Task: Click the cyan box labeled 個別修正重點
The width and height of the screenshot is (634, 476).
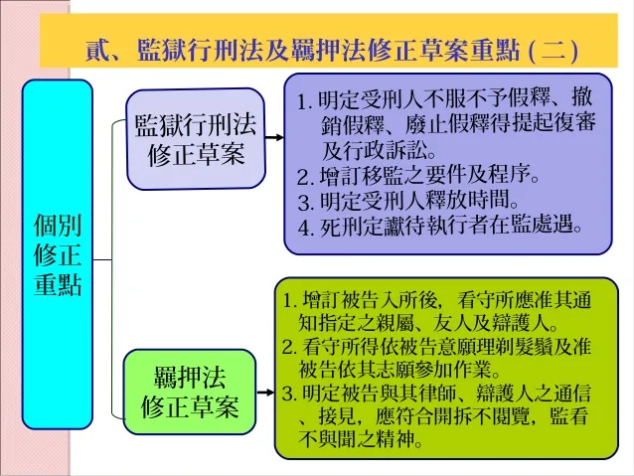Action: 58,254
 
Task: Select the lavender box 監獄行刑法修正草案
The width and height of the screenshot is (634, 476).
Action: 196,139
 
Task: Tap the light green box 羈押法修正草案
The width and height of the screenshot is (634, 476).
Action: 190,392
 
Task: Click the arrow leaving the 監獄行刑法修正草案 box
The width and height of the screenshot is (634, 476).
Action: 274,138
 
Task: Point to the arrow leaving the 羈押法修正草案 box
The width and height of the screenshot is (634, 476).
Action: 265,393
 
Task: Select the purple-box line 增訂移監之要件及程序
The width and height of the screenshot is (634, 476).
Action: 418,175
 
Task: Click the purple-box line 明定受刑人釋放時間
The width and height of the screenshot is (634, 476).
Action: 408,201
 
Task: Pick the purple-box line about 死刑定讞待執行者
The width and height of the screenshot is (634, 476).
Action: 440,226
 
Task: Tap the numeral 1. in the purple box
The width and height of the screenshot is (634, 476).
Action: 305,101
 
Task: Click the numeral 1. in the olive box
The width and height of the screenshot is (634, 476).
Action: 290,301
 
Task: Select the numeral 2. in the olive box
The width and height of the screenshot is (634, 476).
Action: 290,348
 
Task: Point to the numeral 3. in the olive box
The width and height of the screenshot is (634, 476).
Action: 290,394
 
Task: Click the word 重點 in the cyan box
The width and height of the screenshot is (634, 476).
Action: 58,285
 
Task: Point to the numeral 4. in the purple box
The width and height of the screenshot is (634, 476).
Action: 306,228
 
